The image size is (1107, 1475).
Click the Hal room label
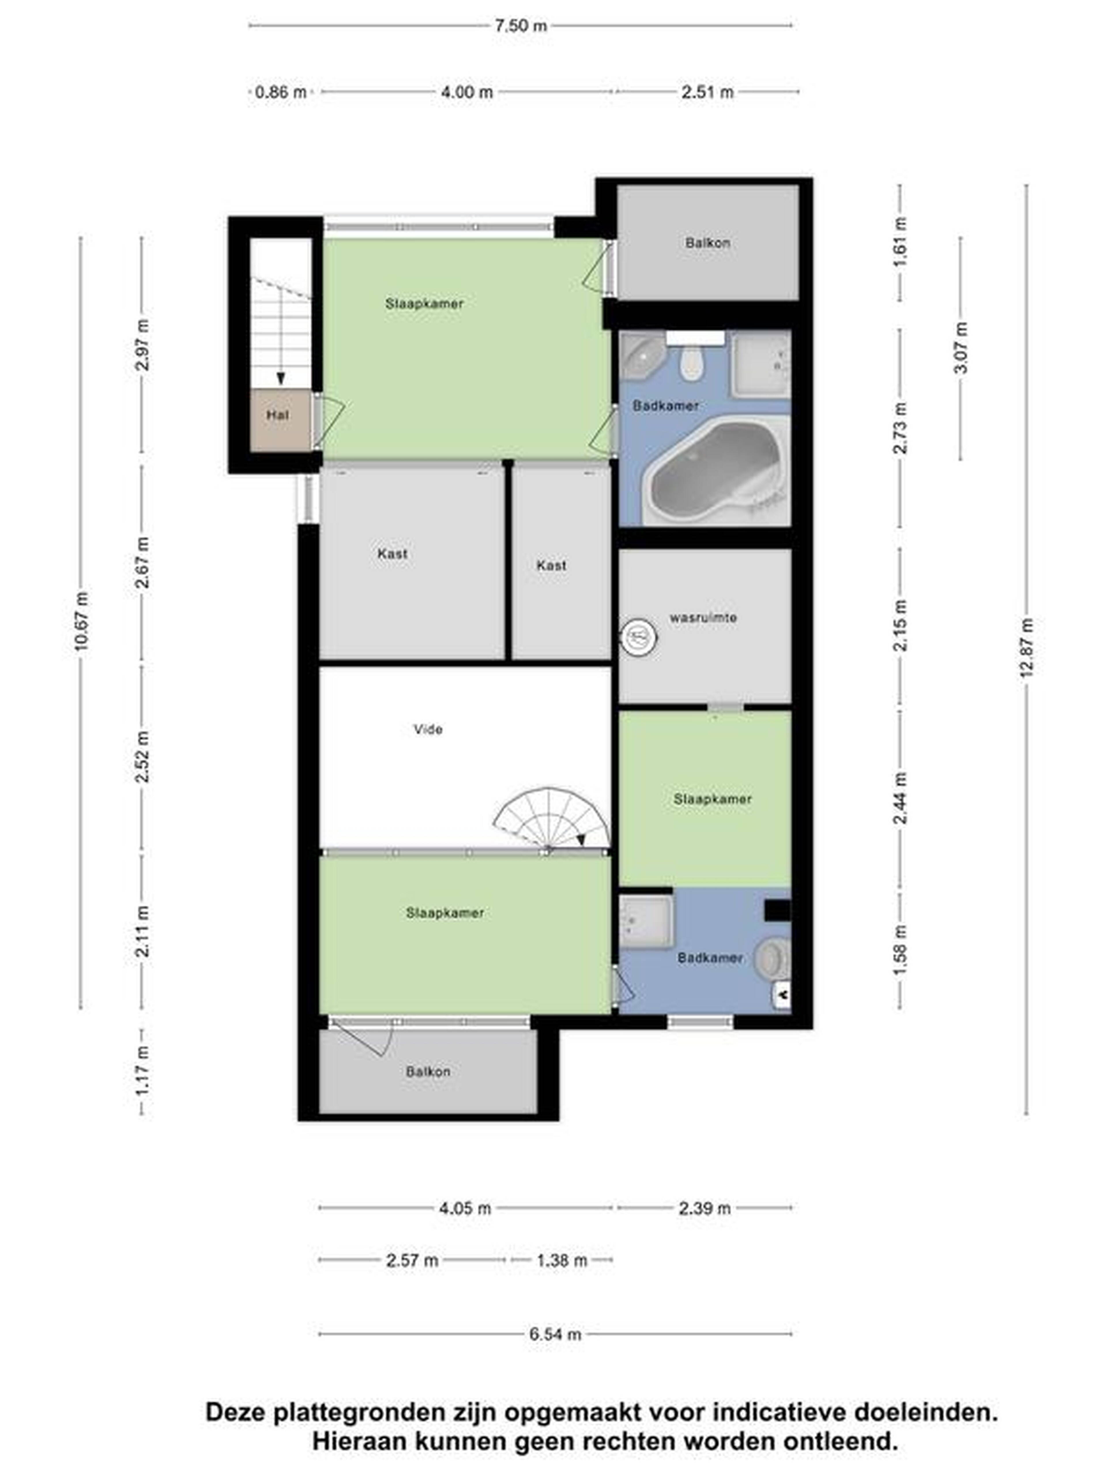tap(278, 415)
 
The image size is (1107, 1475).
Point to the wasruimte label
tap(703, 617)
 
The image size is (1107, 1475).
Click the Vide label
tap(428, 729)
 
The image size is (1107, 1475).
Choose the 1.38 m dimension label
tap(562, 1260)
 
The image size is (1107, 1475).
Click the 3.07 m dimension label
tap(961, 348)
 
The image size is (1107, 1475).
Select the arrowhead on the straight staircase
tap(281, 378)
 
